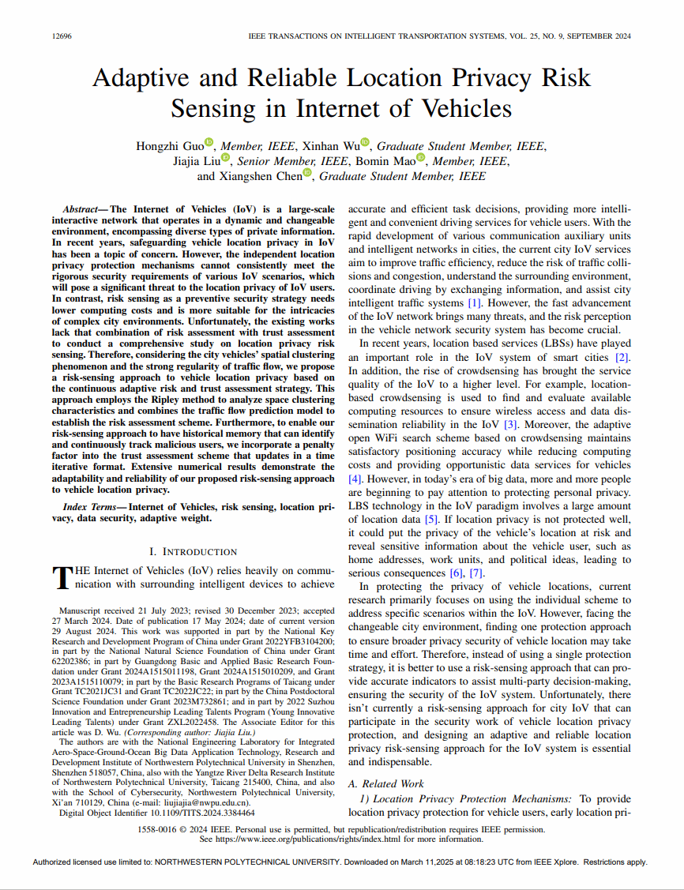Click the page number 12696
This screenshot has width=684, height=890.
(61, 36)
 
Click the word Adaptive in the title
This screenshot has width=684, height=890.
(141, 78)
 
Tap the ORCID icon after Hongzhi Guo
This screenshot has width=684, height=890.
(209, 142)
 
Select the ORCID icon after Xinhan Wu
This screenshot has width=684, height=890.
(365, 142)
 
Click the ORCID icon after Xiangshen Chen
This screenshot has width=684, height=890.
(307, 175)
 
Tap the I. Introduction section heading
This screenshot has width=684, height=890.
(193, 551)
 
